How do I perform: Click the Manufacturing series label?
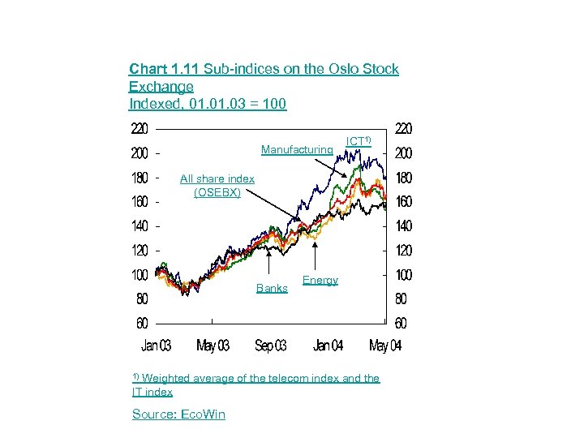pos(297,150)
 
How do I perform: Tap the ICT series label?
pos(359,141)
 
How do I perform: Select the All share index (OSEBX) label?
pos(217,186)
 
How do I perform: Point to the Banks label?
pos(272,288)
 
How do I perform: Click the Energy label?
pos(320,280)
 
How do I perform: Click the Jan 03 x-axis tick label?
pos(157,346)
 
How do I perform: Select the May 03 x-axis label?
pos(213,346)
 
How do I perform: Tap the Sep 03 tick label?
pos(270,346)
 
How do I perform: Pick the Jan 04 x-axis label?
pos(328,346)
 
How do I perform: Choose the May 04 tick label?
pos(384,346)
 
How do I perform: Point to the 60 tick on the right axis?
pos(401,324)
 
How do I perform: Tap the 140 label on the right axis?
pos(403,226)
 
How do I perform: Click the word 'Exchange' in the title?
pos(161,87)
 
